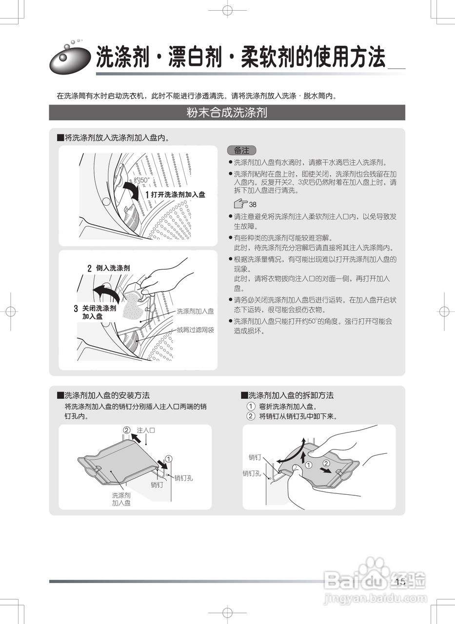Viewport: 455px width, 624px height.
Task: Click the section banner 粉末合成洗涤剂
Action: pos(227,113)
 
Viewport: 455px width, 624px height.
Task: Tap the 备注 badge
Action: pos(241,151)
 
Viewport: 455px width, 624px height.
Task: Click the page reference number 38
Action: pos(253,204)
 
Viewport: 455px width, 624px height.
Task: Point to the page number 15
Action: pos(400,582)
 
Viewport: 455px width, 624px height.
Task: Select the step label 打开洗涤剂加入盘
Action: pos(178,195)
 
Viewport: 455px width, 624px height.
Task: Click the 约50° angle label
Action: pos(142,180)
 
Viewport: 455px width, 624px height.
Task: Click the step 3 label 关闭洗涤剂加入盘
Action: pos(99,312)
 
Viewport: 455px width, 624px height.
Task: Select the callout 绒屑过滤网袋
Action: pos(195,330)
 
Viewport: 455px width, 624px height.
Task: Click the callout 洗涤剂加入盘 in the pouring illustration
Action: pos(195,311)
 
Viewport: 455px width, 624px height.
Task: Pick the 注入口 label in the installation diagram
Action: pos(146,430)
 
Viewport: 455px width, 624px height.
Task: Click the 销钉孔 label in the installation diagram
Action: pos(183,478)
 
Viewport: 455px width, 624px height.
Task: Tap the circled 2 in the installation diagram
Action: pos(126,430)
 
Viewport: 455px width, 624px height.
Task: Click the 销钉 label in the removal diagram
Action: pos(255,457)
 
